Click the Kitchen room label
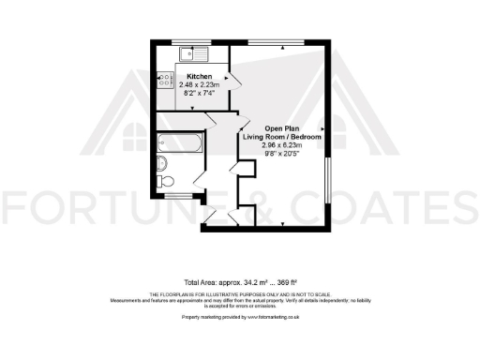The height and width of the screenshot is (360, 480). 198,76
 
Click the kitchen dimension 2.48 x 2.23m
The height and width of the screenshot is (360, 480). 198,84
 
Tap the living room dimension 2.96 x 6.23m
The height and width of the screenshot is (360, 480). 282,145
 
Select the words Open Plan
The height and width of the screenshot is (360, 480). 282,128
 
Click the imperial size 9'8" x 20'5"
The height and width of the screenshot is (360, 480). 282,154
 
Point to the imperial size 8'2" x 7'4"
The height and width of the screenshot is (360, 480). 198,93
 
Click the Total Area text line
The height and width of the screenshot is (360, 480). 240,282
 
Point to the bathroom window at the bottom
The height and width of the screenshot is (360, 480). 176,195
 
